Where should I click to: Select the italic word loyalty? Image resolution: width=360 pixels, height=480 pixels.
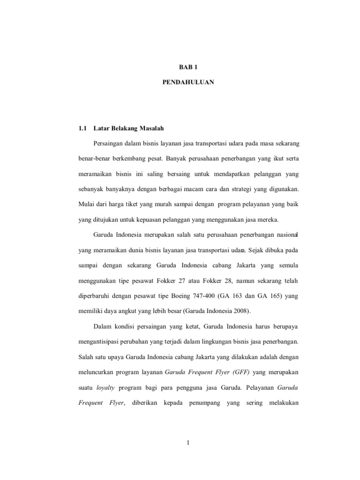coord(105,387)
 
